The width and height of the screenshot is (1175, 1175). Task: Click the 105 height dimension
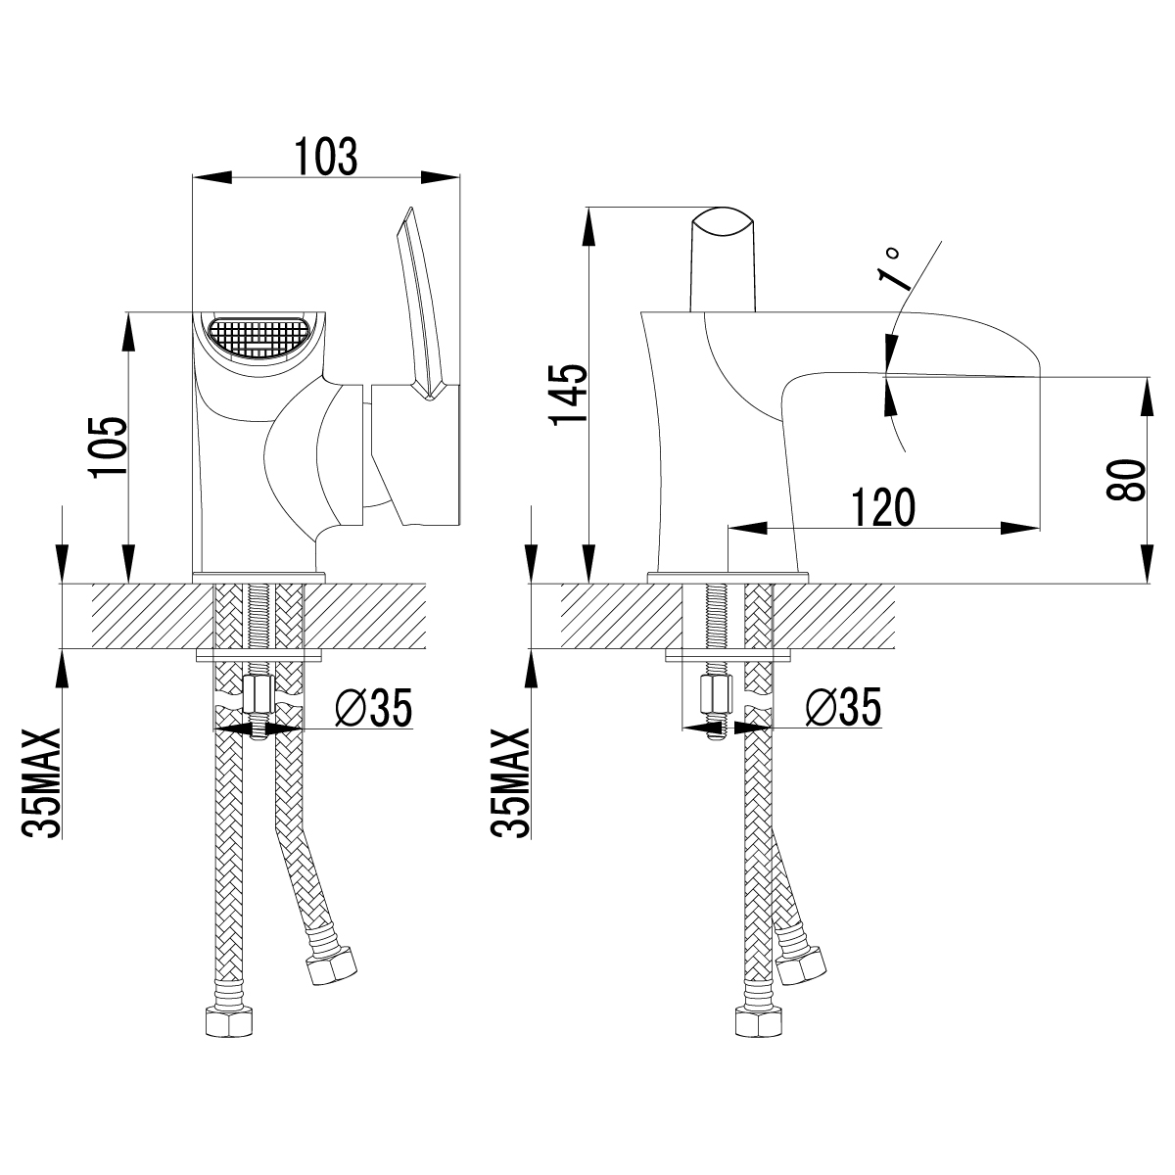(x=109, y=447)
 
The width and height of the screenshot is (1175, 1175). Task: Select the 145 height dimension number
(x=568, y=396)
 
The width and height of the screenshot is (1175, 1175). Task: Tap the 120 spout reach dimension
(x=883, y=507)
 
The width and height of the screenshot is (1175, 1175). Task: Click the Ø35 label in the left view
(x=374, y=707)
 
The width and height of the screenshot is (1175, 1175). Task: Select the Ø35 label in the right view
(x=843, y=707)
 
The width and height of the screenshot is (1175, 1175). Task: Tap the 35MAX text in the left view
(x=41, y=783)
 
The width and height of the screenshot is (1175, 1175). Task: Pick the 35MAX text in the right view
(x=511, y=783)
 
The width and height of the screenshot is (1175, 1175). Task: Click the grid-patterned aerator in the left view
(x=258, y=338)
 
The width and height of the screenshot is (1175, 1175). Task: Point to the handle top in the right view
(x=724, y=260)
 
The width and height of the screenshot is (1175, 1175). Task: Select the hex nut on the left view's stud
(x=258, y=694)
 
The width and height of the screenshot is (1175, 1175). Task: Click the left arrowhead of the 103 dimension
(x=212, y=177)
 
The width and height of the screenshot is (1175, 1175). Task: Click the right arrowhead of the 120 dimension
(x=1019, y=528)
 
